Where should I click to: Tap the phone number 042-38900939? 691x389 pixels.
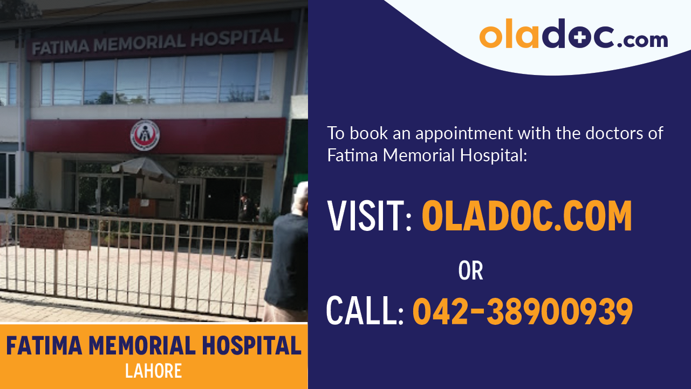click(x=522, y=312)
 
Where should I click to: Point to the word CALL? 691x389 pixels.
click(x=365, y=312)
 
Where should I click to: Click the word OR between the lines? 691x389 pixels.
click(x=470, y=271)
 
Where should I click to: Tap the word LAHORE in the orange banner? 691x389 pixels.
click(x=153, y=371)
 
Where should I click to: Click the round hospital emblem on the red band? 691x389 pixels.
click(x=145, y=135)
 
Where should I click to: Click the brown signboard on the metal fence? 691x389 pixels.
click(x=41, y=238)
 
